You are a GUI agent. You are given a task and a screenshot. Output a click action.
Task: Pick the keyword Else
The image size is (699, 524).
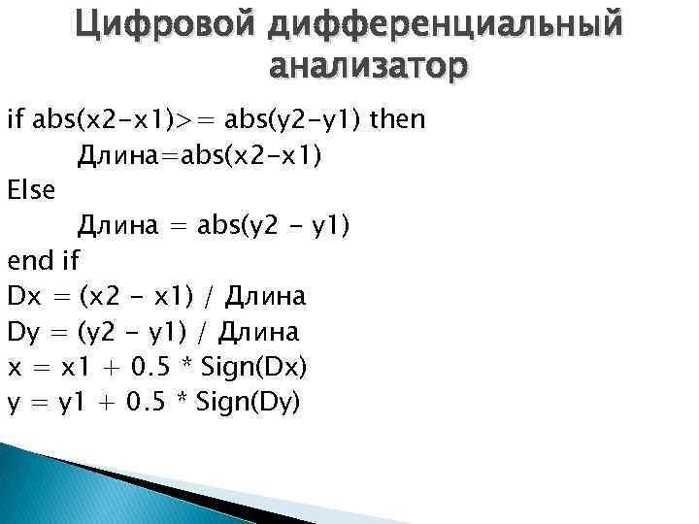click(31, 190)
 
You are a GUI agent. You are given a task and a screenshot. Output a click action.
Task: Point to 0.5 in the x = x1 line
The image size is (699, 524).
click(151, 367)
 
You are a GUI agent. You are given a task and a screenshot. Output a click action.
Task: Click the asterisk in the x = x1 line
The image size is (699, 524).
click(186, 367)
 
